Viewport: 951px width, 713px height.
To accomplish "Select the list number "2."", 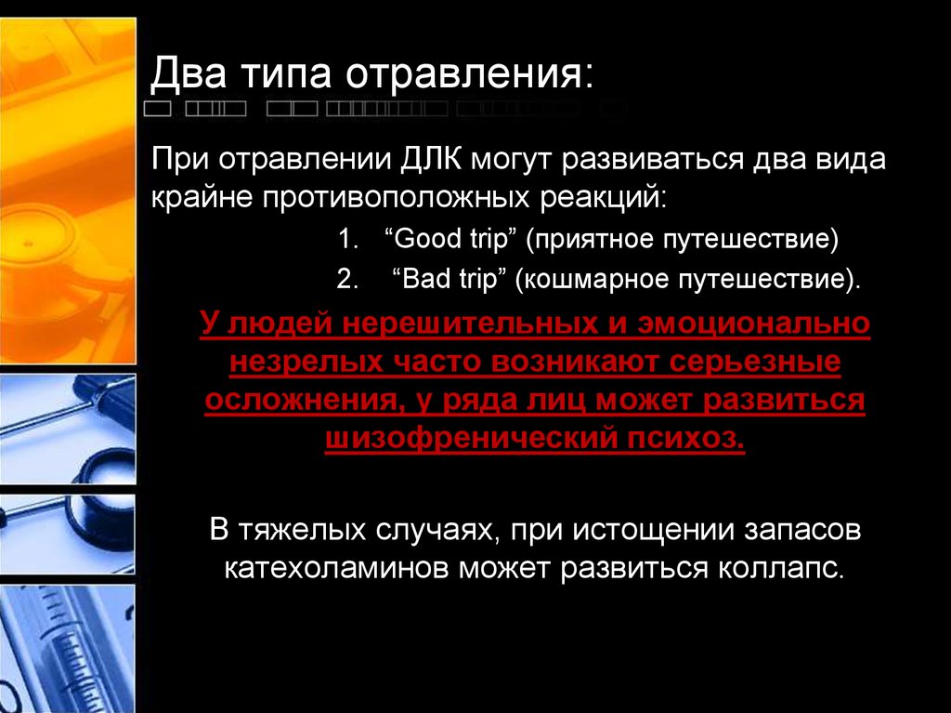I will click(346, 280).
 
